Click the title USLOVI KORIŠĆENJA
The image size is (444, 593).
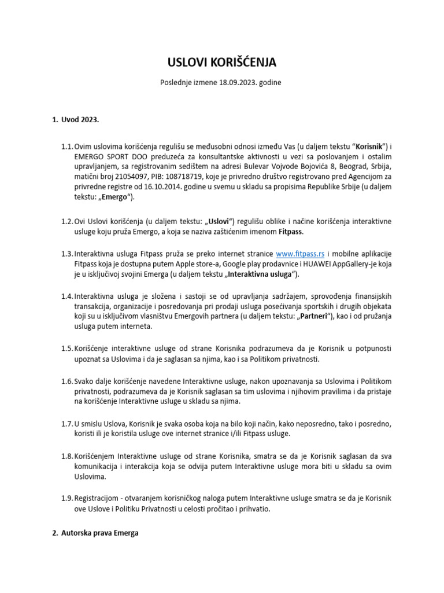[x=221, y=62]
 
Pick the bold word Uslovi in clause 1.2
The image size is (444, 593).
[x=219, y=221]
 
